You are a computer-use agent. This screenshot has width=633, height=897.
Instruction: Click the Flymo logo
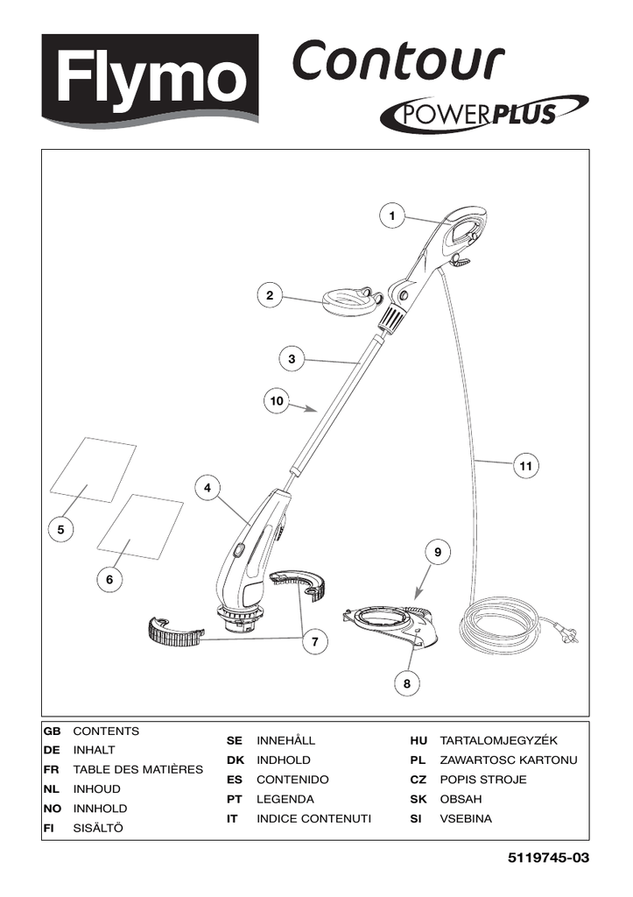point(150,77)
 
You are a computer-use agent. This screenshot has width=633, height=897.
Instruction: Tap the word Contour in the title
point(398,60)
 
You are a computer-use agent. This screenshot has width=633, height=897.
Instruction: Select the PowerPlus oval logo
point(484,112)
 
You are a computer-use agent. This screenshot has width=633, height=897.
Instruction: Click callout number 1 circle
point(391,215)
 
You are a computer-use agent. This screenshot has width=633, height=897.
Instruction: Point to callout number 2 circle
point(270,296)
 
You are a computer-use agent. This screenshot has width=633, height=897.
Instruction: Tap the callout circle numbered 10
point(277,401)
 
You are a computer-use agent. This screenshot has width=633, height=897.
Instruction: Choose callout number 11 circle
point(525,466)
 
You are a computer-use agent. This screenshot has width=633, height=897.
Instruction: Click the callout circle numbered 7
point(315,641)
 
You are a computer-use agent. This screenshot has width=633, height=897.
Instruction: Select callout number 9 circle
point(438,552)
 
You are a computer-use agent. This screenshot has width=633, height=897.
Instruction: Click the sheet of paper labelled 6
point(140,526)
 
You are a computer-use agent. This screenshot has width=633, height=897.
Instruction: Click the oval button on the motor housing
point(238,551)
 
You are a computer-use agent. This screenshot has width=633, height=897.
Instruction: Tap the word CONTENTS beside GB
point(106,731)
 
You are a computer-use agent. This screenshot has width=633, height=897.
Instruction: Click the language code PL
point(418,760)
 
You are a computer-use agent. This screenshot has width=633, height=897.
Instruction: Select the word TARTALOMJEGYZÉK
point(499,740)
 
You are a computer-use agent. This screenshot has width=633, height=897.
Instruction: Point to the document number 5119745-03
point(548,858)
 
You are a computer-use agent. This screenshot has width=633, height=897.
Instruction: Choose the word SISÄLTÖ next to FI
point(98,828)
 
